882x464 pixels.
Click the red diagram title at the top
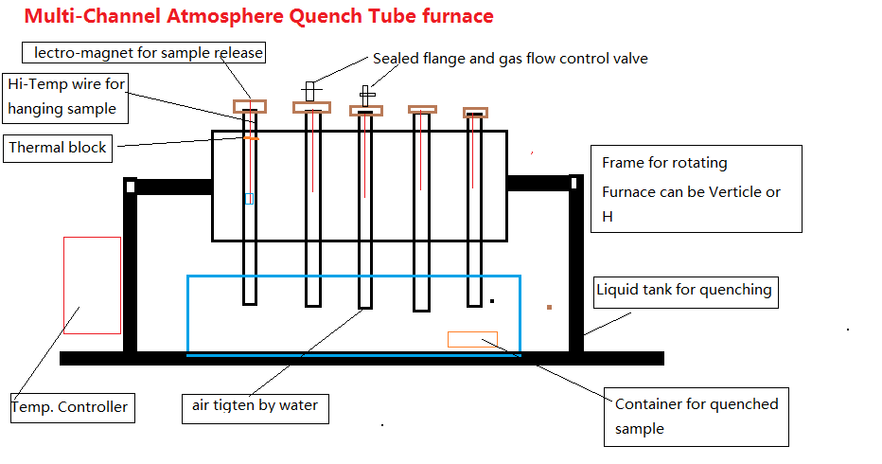[x=258, y=16]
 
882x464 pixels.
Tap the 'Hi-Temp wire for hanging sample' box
[x=65, y=98]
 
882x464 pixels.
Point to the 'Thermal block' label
[x=58, y=148]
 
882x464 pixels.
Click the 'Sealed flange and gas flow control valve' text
[x=510, y=59]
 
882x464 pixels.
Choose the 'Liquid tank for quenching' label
[x=684, y=290]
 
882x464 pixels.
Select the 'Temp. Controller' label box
[x=69, y=407]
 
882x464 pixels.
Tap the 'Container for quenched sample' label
[x=697, y=417]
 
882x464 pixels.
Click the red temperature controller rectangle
[x=92, y=285]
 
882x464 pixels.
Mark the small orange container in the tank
[x=472, y=339]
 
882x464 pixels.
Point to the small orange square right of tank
[x=549, y=307]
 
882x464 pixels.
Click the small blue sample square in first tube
[x=249, y=199]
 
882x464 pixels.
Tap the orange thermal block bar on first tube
[x=250, y=138]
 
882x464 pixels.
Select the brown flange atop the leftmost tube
[x=250, y=106]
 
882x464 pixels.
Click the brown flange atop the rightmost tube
[x=475, y=113]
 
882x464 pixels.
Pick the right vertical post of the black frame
[x=575, y=265]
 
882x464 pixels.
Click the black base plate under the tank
[x=360, y=358]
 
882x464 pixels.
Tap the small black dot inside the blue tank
[x=492, y=301]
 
